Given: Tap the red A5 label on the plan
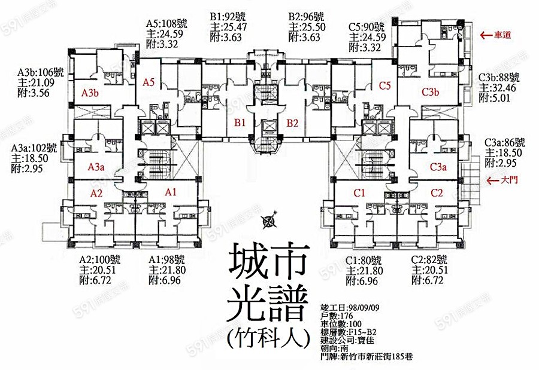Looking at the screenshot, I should pos(149,84).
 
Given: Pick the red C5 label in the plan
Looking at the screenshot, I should pos(384,85).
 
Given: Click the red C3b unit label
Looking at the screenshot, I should pos(431,92).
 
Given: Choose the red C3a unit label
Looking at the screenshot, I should pos(439,167).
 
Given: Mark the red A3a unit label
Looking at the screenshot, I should pos(96,167).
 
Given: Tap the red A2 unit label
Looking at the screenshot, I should pos(97,193).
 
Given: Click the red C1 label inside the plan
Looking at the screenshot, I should pos(359,192).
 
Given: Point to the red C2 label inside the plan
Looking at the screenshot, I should pos(436,192).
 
